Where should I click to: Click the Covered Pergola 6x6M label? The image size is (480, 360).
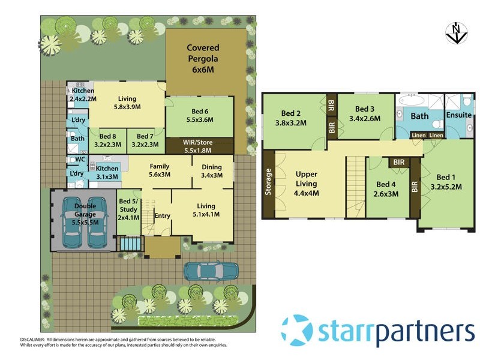pyautogui.click(x=203, y=58)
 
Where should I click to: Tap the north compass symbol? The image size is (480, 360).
pyautogui.click(x=455, y=33)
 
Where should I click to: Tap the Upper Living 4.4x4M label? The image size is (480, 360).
pyautogui.click(x=306, y=184)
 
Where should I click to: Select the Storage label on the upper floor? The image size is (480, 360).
pyautogui.click(x=268, y=184)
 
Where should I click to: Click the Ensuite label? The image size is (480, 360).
pyautogui.click(x=459, y=115)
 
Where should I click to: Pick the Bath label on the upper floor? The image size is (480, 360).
pyautogui.click(x=419, y=115)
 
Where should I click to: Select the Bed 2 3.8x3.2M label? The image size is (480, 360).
pyautogui.click(x=294, y=118)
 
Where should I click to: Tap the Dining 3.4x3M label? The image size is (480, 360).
pyautogui.click(x=211, y=171)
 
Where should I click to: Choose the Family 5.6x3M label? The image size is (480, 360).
pyautogui.click(x=159, y=171)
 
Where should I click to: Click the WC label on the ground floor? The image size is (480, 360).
pyautogui.click(x=77, y=160)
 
